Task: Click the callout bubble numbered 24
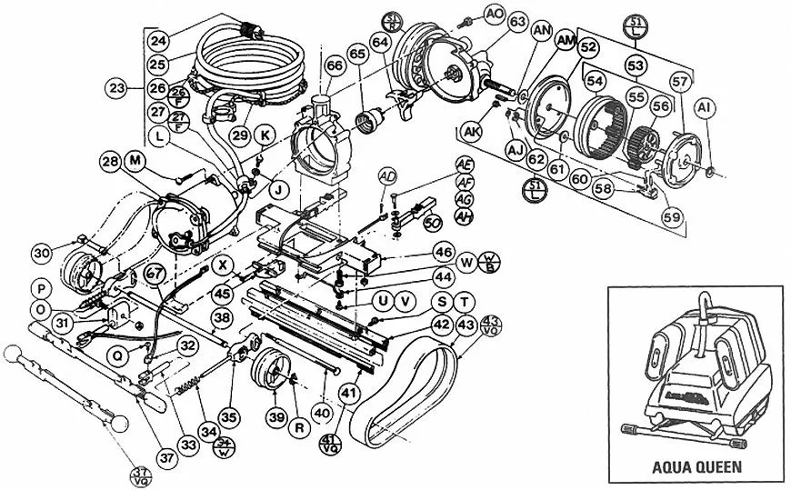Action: pos(159,42)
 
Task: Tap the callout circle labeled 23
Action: pos(115,89)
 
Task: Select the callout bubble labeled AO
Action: pos(495,14)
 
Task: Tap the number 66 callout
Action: pos(335,65)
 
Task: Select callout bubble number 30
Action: pos(40,252)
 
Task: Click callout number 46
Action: pos(443,252)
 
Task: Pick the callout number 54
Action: pos(596,82)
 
